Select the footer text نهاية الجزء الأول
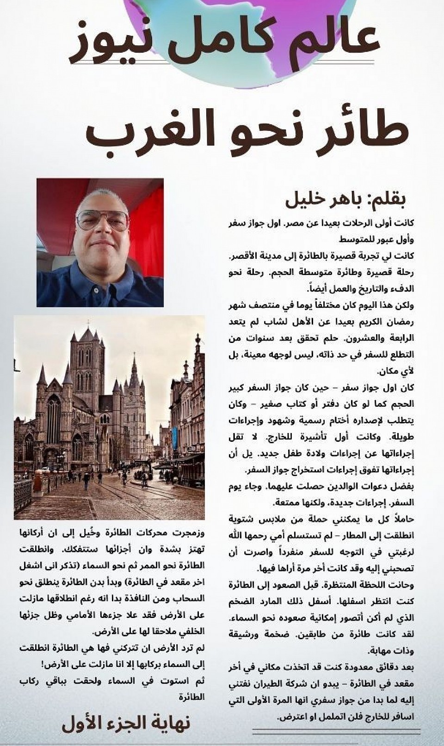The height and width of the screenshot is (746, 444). click(x=126, y=723)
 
